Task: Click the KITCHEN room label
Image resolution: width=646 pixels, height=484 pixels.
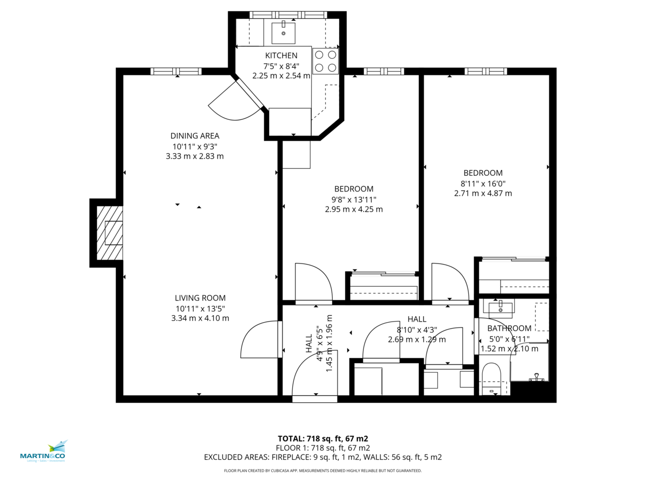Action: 281,55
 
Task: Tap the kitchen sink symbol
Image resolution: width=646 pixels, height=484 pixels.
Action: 283,33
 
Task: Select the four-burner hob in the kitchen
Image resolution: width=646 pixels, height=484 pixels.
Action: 325,61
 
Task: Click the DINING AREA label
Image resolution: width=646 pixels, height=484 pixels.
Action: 195,136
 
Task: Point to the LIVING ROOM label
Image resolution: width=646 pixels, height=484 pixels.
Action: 200,298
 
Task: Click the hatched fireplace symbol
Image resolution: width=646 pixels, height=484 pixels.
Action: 109,233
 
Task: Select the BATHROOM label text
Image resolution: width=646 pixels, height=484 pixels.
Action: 509,329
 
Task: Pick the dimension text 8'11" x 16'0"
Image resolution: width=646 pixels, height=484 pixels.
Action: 483,183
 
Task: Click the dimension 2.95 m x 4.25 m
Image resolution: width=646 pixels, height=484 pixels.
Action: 354,209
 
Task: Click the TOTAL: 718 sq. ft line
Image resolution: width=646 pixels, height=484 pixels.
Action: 322,438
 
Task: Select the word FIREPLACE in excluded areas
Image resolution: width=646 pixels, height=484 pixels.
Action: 287,457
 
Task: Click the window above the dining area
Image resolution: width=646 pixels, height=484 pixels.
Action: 175,71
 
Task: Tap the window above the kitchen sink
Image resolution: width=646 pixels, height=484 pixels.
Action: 288,15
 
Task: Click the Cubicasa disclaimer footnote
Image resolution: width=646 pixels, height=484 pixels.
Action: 322,471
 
